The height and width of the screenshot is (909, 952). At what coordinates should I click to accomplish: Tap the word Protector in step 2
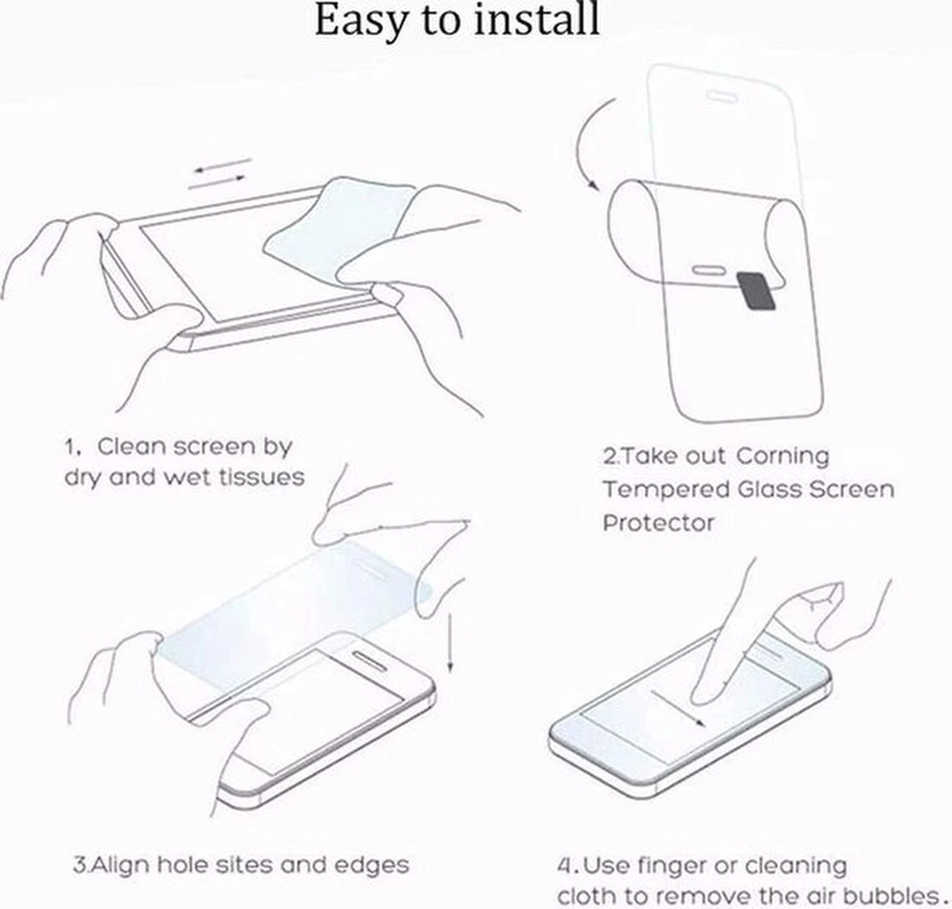tap(659, 523)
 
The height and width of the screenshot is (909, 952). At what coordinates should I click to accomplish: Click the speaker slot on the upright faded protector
tap(722, 96)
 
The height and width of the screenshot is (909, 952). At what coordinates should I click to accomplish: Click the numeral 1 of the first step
tap(71, 448)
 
